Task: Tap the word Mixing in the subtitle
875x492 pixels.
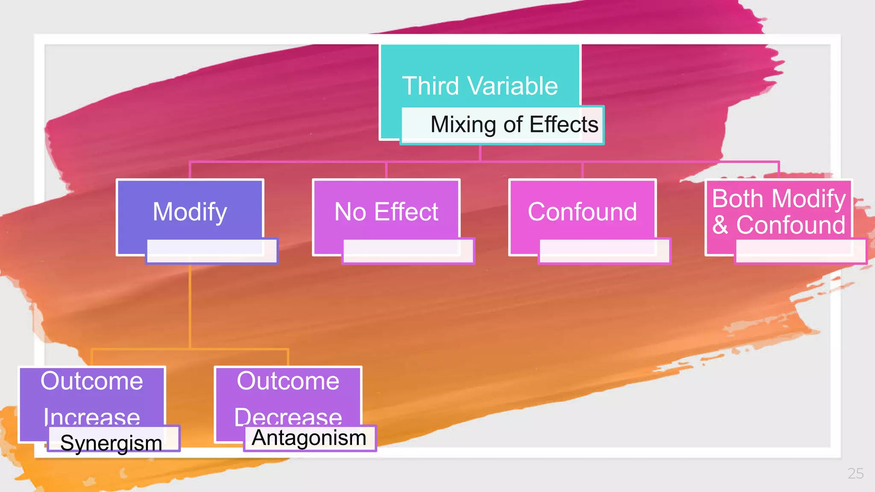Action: point(462,124)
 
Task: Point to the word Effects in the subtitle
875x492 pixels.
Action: point(564,124)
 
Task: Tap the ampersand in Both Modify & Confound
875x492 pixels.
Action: point(720,225)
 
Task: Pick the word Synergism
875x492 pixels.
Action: point(111,443)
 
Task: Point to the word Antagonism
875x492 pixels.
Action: point(309,438)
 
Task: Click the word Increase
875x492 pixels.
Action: point(92,416)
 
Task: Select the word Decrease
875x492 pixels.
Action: point(288,416)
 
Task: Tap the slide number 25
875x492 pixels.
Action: point(855,473)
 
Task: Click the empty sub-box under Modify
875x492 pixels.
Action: point(211,251)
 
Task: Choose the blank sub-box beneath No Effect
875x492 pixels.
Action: point(408,251)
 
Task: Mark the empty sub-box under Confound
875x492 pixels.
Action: point(604,251)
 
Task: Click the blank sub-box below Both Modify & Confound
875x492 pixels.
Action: point(800,251)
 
